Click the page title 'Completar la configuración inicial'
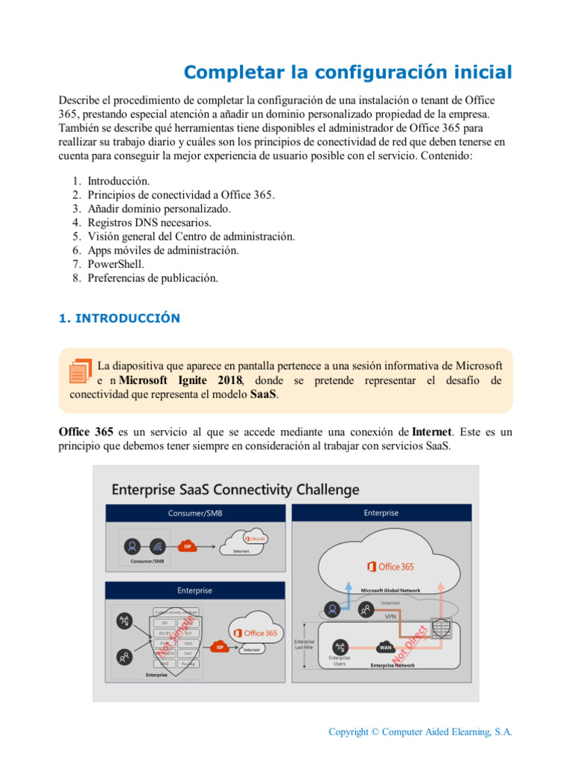[x=348, y=72]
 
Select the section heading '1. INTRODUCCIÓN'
[x=119, y=318]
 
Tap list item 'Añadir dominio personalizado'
[x=159, y=208]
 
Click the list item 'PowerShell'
[x=115, y=264]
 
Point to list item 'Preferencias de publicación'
[x=153, y=278]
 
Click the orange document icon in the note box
[x=80, y=371]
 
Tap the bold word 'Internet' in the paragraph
[x=432, y=432]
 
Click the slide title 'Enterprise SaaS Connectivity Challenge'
[x=235, y=490]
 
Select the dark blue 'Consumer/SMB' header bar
[x=195, y=513]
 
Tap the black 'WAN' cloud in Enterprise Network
[x=385, y=647]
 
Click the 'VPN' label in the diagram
[x=390, y=617]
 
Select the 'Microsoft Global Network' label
[x=390, y=590]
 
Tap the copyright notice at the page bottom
[x=420, y=732]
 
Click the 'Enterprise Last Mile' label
[x=304, y=644]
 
